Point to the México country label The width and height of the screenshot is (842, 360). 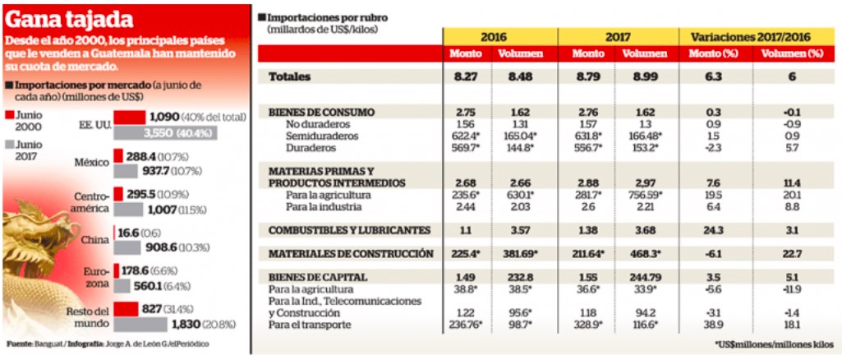pos(92,162)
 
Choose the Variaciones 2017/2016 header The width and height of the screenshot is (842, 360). pos(757,37)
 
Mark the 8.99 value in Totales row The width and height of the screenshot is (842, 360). pos(637,76)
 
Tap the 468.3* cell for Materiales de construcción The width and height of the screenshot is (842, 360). pos(639,255)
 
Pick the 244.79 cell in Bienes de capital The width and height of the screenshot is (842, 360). pos(638,278)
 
